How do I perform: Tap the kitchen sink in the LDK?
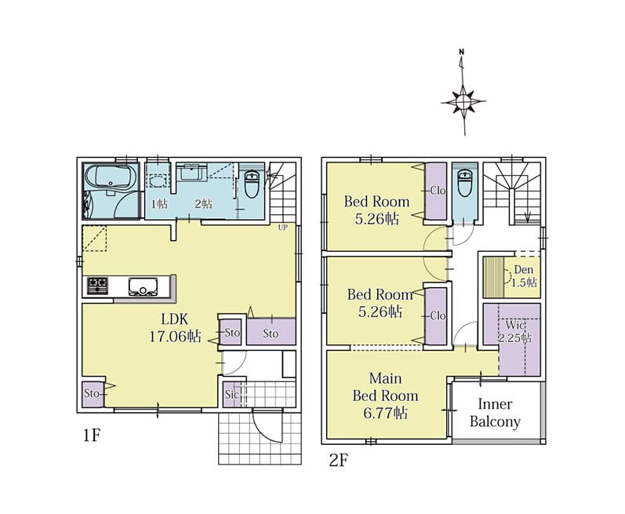pyautogui.click(x=143, y=286)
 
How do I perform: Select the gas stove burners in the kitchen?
pyautogui.click(x=97, y=286)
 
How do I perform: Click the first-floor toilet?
pyautogui.click(x=251, y=184)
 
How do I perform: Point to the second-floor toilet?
pyautogui.click(x=465, y=183)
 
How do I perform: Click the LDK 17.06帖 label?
pyautogui.click(x=175, y=328)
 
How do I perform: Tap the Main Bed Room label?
pyautogui.click(x=386, y=396)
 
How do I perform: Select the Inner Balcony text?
pyautogui.click(x=495, y=413)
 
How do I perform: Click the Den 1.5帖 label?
pyautogui.click(x=524, y=276)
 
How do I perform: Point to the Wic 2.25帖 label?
pyautogui.click(x=515, y=331)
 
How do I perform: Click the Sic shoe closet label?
pyautogui.click(x=231, y=395)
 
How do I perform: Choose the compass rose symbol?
pyautogui.click(x=463, y=102)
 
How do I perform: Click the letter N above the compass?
pyautogui.click(x=462, y=52)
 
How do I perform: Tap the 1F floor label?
pyautogui.click(x=91, y=436)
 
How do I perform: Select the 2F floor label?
pyautogui.click(x=339, y=461)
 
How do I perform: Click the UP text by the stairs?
pyautogui.click(x=282, y=228)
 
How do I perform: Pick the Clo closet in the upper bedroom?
pyautogui.click(x=436, y=191)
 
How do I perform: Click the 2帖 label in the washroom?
pyautogui.click(x=203, y=204)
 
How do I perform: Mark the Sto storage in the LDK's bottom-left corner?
pyautogui.click(x=93, y=394)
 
